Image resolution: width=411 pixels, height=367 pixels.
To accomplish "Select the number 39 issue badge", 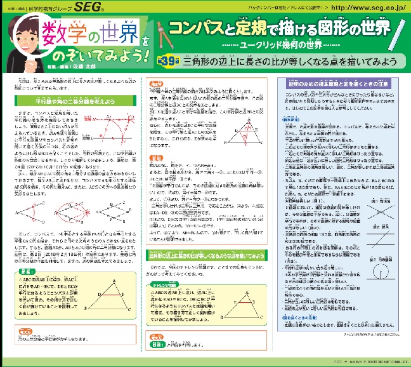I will pos(166,62).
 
